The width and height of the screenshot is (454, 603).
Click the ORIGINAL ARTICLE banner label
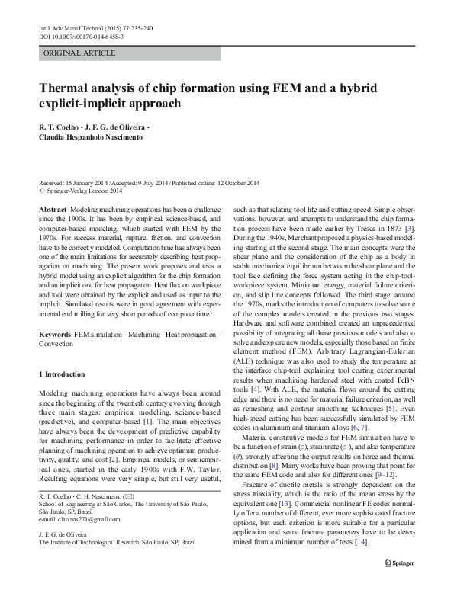coord(79,53)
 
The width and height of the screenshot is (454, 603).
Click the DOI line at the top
coord(81,37)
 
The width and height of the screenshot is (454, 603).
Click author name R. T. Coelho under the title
coord(60,127)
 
